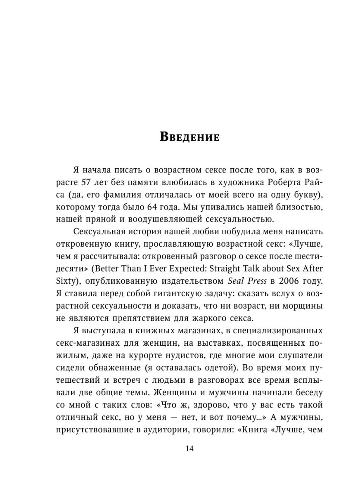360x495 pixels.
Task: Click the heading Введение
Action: click(x=189, y=137)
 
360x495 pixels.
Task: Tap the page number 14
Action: click(x=189, y=449)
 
